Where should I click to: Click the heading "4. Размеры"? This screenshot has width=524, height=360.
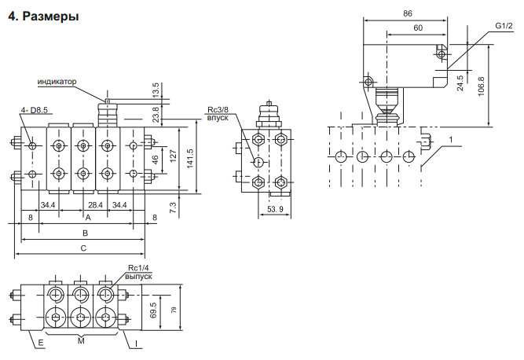[x=43, y=16]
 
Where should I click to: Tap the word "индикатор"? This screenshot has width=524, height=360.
[x=57, y=82]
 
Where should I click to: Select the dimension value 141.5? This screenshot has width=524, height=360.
[x=189, y=159]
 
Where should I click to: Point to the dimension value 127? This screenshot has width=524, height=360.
[x=173, y=156]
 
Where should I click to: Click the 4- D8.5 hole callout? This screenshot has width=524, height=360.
[x=35, y=110]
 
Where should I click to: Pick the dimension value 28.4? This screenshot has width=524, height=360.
[x=95, y=205]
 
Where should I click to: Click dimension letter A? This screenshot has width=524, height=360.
[x=88, y=218]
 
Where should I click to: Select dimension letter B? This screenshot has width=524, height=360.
[x=85, y=233]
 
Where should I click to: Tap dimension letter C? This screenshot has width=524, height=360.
[x=83, y=248]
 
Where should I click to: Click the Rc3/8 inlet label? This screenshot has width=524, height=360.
[x=218, y=114]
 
